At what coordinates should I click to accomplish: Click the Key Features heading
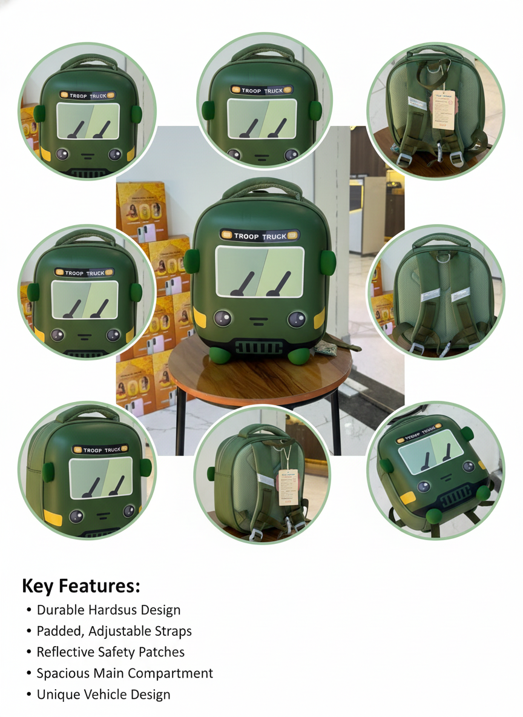[x=81, y=586]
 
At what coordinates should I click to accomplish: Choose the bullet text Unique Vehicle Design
[x=104, y=695]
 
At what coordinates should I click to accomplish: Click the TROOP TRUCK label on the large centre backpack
[x=260, y=236]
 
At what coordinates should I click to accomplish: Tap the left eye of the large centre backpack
[x=222, y=317]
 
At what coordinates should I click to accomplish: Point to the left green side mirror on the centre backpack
[x=192, y=260]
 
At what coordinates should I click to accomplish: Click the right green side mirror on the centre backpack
[x=329, y=261]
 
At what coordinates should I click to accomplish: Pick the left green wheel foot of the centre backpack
[x=219, y=355]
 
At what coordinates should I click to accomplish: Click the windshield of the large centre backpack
[x=260, y=272]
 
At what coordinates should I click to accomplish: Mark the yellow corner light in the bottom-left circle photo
[x=53, y=517]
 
